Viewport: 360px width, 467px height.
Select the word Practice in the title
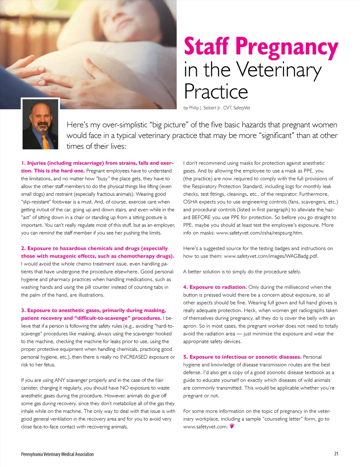pyautogui.click(x=216, y=91)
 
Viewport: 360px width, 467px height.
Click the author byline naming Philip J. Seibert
pyautogui.click(x=217, y=108)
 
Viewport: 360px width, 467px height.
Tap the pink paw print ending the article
pyautogui.click(x=232, y=426)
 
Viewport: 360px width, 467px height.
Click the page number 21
pyautogui.click(x=336, y=454)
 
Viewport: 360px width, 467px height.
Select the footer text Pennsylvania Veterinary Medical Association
pyautogui.click(x=57, y=454)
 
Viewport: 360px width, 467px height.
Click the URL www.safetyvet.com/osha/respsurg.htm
pyautogui.click(x=259, y=233)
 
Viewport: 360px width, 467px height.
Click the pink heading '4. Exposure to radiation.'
pyautogui.click(x=215, y=287)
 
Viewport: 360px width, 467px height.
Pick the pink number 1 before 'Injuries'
pyautogui.click(x=23, y=163)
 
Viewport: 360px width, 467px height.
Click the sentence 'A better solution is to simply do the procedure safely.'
pyautogui.click(x=242, y=272)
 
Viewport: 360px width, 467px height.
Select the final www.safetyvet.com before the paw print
pyautogui.click(x=205, y=427)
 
